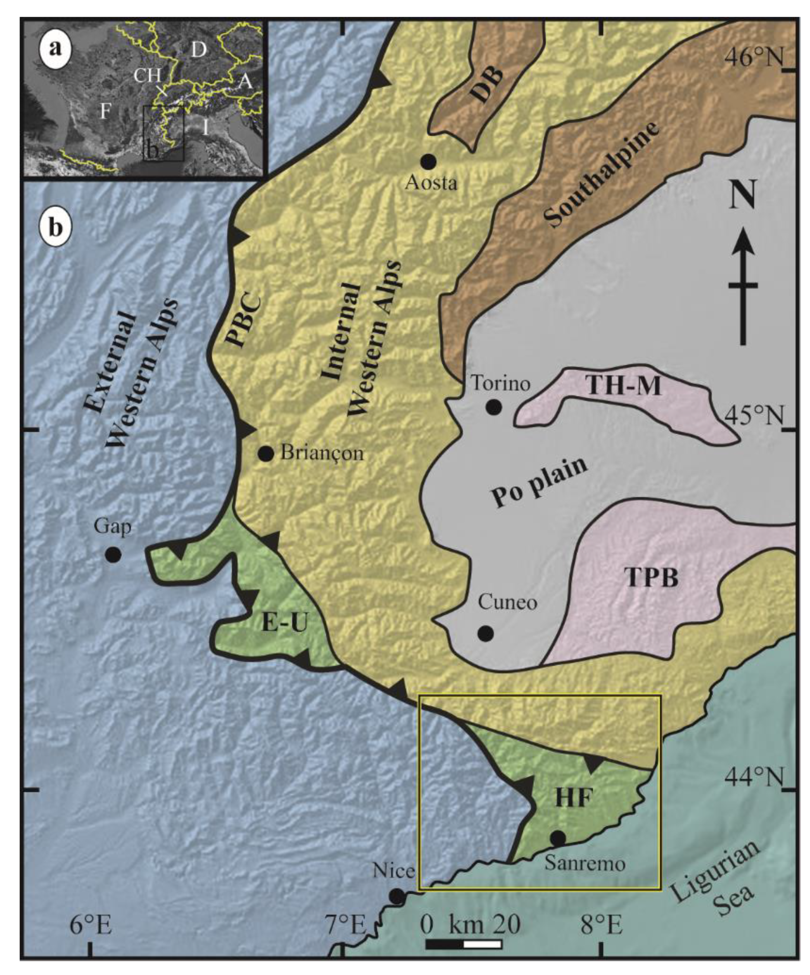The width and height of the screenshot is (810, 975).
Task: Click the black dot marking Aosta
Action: tap(428, 162)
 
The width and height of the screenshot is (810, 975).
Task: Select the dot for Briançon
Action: tap(266, 454)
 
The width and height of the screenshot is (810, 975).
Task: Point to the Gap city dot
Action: tap(113, 554)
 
